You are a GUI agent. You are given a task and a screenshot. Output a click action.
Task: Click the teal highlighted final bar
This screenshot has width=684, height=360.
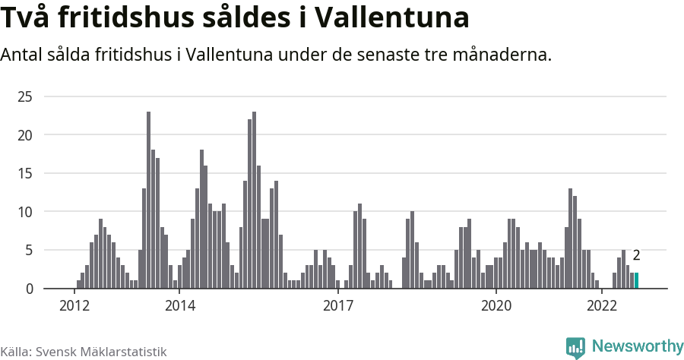coord(637,280)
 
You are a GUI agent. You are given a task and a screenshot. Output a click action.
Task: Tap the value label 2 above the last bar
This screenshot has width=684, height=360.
coord(637,256)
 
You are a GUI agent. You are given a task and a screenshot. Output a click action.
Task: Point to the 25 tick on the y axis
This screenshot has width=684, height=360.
coord(25,96)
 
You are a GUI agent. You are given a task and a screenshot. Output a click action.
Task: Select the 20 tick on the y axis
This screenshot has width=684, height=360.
coord(25,135)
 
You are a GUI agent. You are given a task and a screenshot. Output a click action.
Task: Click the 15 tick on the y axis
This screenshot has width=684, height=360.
coord(25,173)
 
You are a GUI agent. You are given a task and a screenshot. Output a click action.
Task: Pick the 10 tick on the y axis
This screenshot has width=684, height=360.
coord(25,212)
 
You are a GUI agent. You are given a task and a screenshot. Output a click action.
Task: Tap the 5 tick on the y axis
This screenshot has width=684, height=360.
coord(28,250)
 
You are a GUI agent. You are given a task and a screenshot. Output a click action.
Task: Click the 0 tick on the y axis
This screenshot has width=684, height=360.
coord(28,289)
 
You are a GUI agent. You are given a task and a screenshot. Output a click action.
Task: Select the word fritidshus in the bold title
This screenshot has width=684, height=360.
coord(135,18)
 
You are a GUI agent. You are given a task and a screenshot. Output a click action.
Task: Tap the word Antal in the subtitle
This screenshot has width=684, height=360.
coord(22,55)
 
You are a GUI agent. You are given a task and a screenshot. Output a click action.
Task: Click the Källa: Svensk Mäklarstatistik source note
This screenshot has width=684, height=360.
coord(83,352)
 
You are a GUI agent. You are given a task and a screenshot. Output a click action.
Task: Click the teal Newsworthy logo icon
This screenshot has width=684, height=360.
coord(575,347)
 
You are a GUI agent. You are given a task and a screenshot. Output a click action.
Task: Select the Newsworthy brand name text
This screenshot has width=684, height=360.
coord(637,346)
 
